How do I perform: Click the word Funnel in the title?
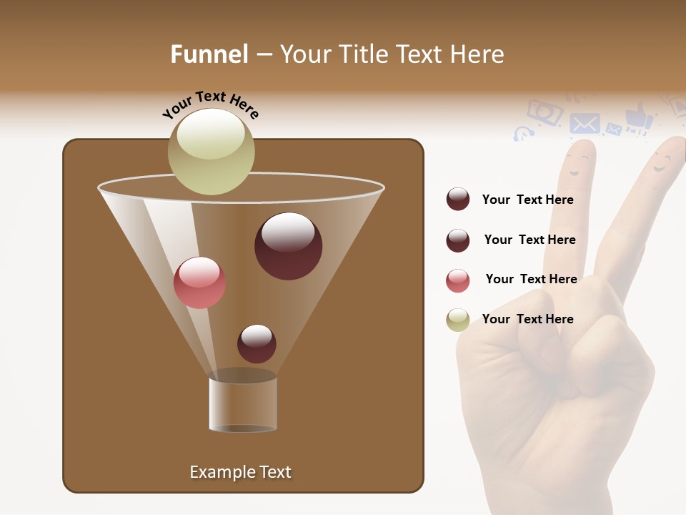[209, 54]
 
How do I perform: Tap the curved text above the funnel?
[210, 104]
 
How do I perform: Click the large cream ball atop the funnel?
[212, 151]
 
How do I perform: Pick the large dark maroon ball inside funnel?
[288, 245]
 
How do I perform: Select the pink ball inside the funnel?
[199, 282]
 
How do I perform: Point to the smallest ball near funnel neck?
[257, 343]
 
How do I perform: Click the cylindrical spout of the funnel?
[243, 404]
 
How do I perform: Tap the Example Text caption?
[241, 472]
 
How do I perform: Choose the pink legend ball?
[458, 280]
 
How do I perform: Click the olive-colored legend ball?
[458, 320]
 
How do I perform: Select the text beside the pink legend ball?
[531, 279]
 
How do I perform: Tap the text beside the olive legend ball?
[528, 319]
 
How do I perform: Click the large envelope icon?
[585, 124]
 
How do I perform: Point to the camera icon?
[545, 112]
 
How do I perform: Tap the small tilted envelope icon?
[613, 129]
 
